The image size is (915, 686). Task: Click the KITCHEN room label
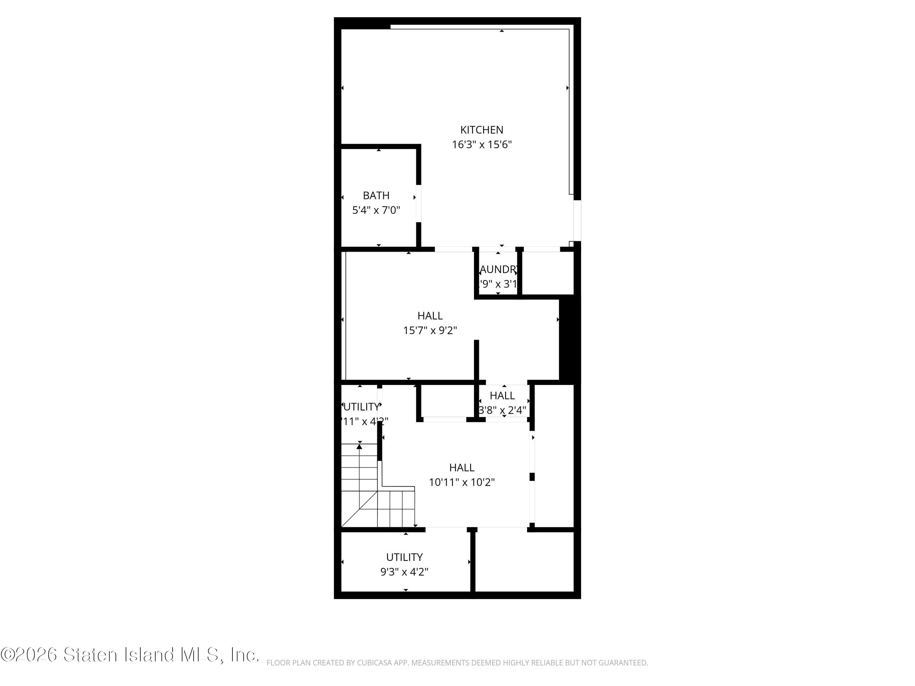[482, 130]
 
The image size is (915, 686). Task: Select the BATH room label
[376, 195]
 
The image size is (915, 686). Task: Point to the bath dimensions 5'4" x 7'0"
[376, 210]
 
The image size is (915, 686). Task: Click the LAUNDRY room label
[498, 270]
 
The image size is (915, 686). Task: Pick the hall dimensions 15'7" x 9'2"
[430, 330]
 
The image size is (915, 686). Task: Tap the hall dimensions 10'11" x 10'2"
[462, 482]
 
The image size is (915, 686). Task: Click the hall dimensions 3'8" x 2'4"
[502, 410]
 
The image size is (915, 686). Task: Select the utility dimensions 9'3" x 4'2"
[404, 572]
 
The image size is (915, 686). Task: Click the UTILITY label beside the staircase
[361, 407]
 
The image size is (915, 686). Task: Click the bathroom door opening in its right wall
[418, 203]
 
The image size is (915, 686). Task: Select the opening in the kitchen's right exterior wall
[577, 220]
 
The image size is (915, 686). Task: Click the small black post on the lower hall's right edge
[532, 477]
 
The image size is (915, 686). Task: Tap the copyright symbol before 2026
[7, 655]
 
